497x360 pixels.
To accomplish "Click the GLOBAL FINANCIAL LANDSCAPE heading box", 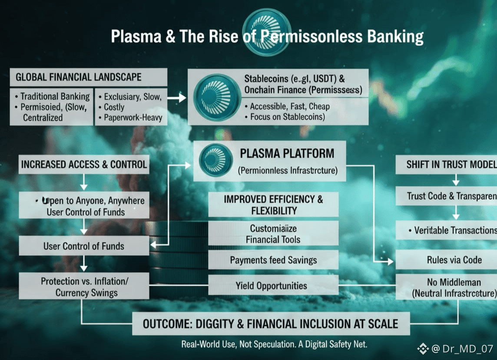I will [x=88, y=77].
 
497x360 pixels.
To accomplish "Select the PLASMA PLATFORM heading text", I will [x=287, y=153].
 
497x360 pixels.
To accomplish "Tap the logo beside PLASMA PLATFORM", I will [x=215, y=160].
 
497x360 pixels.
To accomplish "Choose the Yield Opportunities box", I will [x=273, y=286].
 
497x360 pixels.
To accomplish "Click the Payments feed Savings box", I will [x=273, y=260].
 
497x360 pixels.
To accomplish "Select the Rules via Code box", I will [x=454, y=260].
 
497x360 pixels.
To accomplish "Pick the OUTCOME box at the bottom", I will [x=270, y=324].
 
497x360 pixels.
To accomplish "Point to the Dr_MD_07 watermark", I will [x=461, y=348].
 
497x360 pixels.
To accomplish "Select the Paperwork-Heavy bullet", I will [x=131, y=117].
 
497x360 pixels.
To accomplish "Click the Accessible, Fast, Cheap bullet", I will [x=290, y=107].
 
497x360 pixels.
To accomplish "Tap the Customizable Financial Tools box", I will [x=273, y=233].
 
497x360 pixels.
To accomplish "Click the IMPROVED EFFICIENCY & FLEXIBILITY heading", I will [x=273, y=205].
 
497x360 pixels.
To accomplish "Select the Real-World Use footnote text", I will [x=274, y=344].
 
